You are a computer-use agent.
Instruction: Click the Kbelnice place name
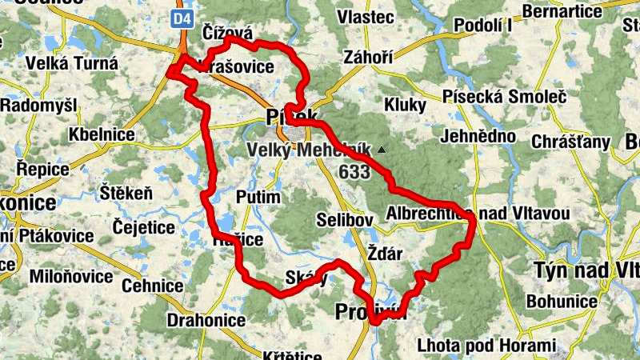[x=102, y=134]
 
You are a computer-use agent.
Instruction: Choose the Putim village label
[x=258, y=198]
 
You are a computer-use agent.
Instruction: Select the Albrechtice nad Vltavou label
[x=477, y=213]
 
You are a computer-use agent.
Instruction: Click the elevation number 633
[x=354, y=172]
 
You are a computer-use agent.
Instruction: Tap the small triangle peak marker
[x=383, y=149]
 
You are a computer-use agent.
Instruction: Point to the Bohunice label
[x=564, y=302]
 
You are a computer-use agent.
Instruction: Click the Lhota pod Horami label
[x=486, y=346]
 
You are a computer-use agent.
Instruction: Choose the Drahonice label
[x=206, y=320]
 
